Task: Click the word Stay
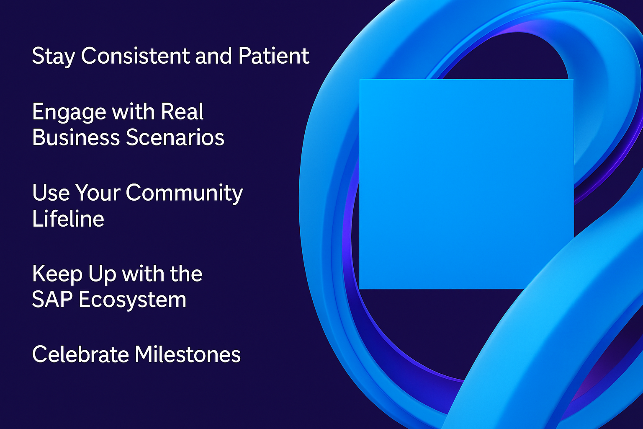tap(54, 57)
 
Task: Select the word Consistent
tap(136, 55)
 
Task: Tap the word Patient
tap(274, 55)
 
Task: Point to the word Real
tap(182, 111)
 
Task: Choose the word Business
tap(76, 137)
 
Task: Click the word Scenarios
tap(175, 137)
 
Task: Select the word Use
tap(51, 192)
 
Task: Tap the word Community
tap(184, 194)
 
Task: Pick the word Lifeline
tap(68, 218)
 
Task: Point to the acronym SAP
tap(52, 300)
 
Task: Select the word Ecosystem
tap(133, 300)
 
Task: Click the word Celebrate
tap(81, 354)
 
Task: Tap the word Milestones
tap(188, 354)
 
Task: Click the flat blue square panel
tap(466, 184)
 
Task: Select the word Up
tap(102, 275)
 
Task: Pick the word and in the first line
tap(213, 55)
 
